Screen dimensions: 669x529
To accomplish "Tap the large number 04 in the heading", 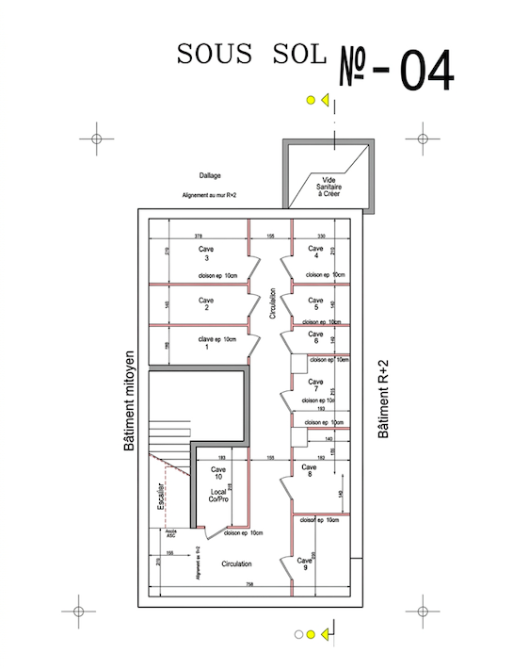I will tap(426, 69).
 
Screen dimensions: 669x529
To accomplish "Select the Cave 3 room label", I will tap(205, 253).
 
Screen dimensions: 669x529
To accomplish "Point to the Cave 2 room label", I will tap(205, 303).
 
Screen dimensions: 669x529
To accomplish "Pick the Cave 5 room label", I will tap(316, 303).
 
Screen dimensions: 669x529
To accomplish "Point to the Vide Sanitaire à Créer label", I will tap(329, 186).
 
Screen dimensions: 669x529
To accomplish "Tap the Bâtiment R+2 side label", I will tap(382, 400).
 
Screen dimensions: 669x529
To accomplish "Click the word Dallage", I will tap(211, 175).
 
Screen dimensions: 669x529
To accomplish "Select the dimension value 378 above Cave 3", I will tap(198, 236).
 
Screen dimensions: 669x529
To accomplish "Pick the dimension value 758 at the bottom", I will tap(247, 585).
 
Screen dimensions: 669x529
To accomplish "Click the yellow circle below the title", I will tap(308, 100).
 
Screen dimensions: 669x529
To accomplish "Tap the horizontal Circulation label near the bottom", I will tap(236, 563).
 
